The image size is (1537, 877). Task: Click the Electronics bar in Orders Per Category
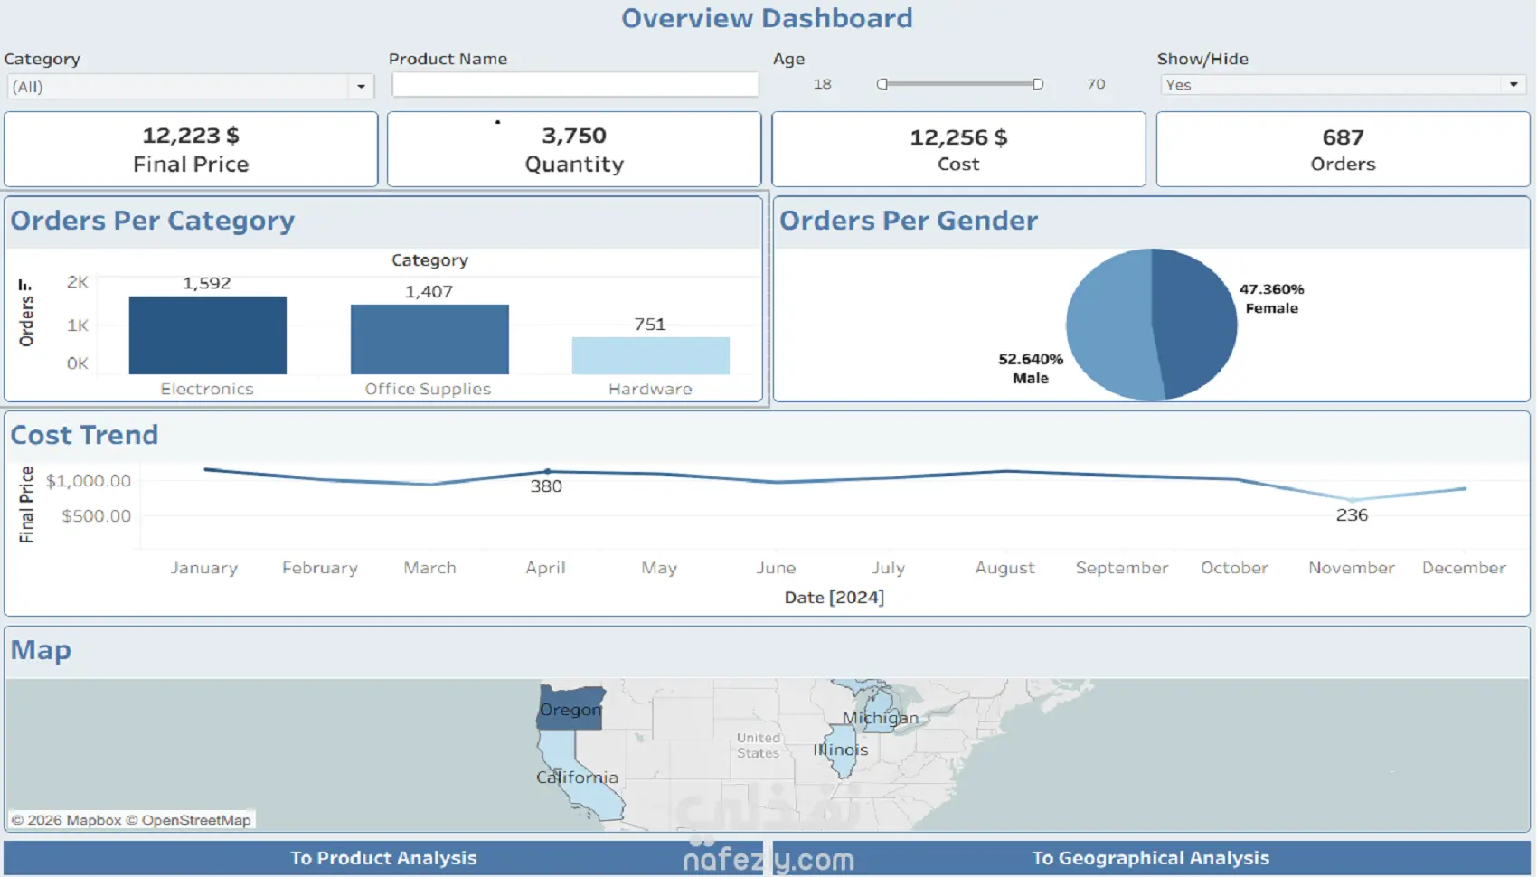(x=207, y=335)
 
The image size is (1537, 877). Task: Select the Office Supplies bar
(x=429, y=339)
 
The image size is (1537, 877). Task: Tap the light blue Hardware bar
(x=650, y=355)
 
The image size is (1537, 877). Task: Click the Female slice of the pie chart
(x=1195, y=321)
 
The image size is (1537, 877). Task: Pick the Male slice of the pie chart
(x=1110, y=330)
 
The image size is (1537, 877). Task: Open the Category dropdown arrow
(x=361, y=87)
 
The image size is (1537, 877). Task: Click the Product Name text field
(x=575, y=84)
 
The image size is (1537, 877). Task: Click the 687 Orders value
(x=1343, y=137)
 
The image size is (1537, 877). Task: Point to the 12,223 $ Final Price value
(x=191, y=136)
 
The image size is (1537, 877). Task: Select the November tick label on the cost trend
(x=1351, y=568)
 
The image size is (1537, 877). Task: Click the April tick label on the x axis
(x=545, y=568)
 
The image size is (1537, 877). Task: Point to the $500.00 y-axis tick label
(x=96, y=516)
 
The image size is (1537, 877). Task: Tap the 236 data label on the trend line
(x=1352, y=515)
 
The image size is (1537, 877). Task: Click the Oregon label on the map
(x=570, y=710)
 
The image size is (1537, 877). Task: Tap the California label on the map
(x=577, y=778)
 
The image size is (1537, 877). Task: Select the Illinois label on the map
(x=840, y=750)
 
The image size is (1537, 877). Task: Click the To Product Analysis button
(x=383, y=858)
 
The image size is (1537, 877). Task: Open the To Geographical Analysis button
(x=1150, y=858)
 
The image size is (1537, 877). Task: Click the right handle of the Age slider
(x=1038, y=84)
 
